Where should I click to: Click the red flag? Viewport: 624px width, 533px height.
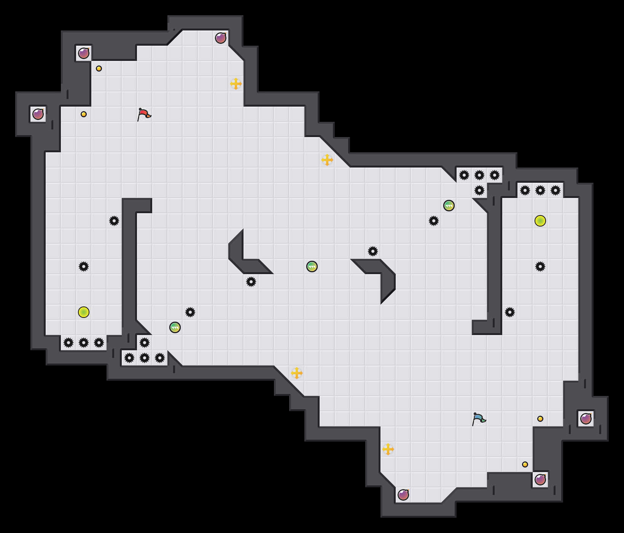[144, 114]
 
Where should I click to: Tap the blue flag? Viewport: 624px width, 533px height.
[479, 419]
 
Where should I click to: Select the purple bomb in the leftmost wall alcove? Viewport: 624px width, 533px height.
[38, 114]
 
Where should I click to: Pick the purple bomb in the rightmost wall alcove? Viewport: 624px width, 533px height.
[586, 419]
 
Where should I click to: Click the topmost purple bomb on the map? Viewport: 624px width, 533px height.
[221, 38]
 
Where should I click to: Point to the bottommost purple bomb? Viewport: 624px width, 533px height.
[403, 495]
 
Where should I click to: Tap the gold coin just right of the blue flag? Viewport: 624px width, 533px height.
[540, 419]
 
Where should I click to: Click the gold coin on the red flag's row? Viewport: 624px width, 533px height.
[84, 114]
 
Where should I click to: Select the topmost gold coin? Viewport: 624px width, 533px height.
[99, 69]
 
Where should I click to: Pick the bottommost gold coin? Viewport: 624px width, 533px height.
[525, 464]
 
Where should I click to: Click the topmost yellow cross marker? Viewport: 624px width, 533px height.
[236, 84]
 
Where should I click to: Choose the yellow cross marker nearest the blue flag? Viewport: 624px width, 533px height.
[388, 449]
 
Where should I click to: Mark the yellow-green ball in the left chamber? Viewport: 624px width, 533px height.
[84, 312]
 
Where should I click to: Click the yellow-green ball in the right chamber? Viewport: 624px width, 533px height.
[540, 221]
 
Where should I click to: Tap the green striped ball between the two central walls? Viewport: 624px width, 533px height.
[312, 266]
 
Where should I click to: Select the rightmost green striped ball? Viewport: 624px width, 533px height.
[449, 206]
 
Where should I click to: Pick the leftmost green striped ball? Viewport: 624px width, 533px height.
[175, 327]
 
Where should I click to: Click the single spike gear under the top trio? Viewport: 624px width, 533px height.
[479, 190]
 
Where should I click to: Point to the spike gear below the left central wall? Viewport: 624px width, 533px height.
[251, 282]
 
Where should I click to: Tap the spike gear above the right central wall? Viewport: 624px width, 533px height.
[373, 251]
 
